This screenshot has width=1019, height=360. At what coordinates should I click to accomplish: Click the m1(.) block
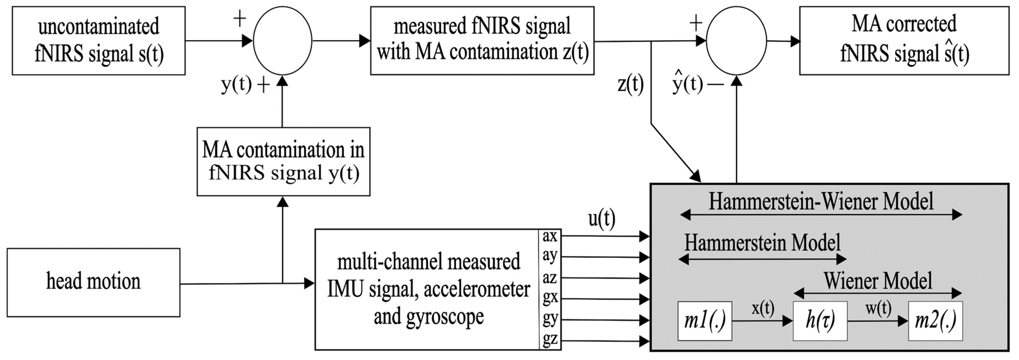705,321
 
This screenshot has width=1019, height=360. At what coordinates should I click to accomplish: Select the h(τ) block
820,321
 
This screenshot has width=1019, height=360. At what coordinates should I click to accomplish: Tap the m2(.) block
935,321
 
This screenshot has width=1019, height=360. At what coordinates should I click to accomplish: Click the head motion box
93,282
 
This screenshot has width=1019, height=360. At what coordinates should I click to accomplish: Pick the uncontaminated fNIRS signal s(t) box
99,40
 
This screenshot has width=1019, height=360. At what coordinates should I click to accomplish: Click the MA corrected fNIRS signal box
904,40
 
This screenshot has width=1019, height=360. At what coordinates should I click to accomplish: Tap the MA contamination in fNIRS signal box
283,162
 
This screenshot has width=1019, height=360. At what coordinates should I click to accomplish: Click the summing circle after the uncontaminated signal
282,40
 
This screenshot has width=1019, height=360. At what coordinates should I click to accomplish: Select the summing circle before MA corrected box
736,40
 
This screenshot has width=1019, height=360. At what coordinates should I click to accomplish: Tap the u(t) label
602,219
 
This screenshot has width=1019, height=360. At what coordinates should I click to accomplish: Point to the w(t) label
878,309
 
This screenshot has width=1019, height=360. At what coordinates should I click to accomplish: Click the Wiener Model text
878,281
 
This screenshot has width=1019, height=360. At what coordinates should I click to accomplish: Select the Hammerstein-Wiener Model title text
821,201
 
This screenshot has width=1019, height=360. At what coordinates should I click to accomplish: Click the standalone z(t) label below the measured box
631,84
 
